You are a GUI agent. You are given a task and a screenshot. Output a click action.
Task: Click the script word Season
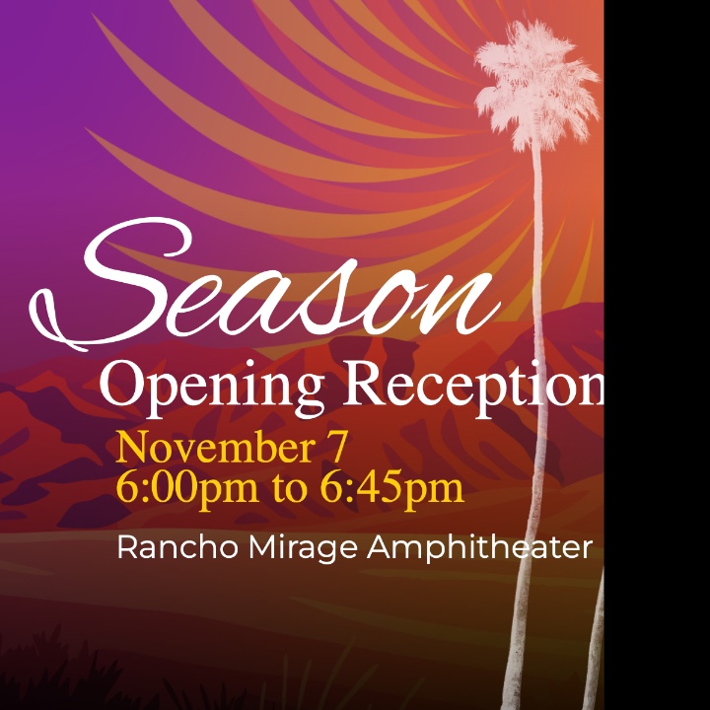click(x=265, y=284)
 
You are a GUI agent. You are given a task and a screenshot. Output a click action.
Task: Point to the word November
click(x=216, y=447)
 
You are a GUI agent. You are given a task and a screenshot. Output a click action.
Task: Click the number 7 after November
click(x=337, y=447)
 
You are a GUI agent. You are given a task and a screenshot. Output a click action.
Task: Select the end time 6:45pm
click(x=392, y=490)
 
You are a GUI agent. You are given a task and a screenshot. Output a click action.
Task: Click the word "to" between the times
click(x=290, y=491)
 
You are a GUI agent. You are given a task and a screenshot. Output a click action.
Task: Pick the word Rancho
click(x=177, y=547)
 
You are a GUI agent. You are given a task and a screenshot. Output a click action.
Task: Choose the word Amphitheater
click(x=479, y=549)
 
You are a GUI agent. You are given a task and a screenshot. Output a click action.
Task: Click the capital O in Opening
click(x=119, y=384)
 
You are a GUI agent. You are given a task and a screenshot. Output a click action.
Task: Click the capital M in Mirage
click(x=262, y=547)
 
